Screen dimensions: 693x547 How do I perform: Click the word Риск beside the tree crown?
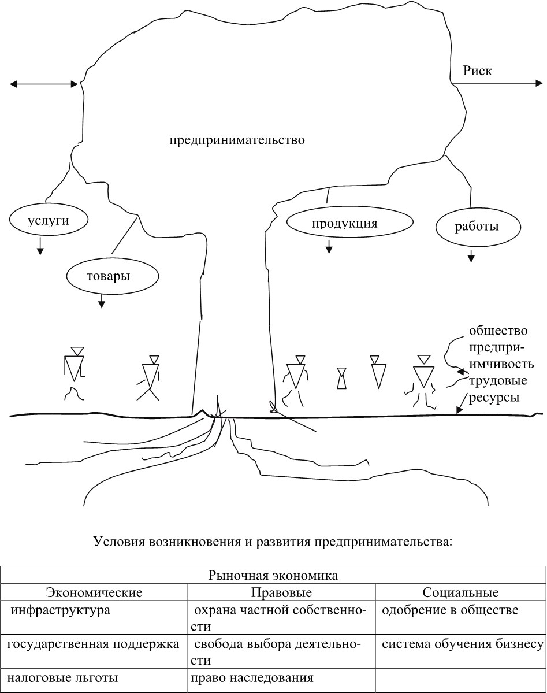click(x=477, y=71)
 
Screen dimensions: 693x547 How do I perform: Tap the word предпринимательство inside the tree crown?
click(x=237, y=140)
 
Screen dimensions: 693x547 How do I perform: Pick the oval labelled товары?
click(x=108, y=276)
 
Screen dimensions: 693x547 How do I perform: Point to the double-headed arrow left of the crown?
click(x=44, y=84)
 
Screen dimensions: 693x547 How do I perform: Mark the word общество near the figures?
click(x=498, y=331)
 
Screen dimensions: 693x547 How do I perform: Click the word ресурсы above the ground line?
click(x=494, y=397)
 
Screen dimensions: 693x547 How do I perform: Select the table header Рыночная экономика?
click(x=273, y=576)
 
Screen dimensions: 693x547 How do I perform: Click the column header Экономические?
click(x=94, y=592)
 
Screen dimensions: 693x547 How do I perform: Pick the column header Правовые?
click(x=281, y=592)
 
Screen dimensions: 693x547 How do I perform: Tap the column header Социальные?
click(x=460, y=592)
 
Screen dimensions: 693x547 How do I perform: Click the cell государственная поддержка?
click(x=93, y=644)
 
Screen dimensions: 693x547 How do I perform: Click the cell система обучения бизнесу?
click(x=463, y=644)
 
